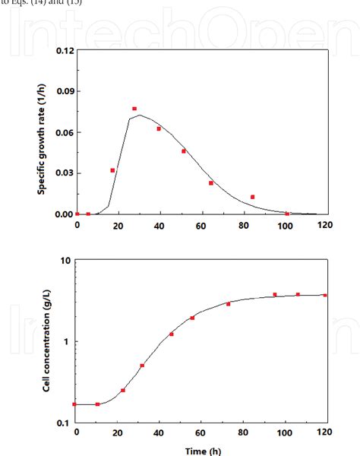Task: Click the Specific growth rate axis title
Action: pyautogui.click(x=43, y=132)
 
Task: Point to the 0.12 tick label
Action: pyautogui.click(x=62, y=51)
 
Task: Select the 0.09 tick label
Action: pyautogui.click(x=62, y=92)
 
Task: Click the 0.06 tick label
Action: pyautogui.click(x=62, y=133)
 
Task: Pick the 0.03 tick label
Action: pyautogui.click(x=62, y=173)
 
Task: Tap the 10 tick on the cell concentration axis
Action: pyautogui.click(x=66, y=260)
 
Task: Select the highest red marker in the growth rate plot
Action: pyautogui.click(x=134, y=109)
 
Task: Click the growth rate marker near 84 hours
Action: pyautogui.click(x=252, y=197)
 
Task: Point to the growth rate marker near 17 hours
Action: pyautogui.click(x=112, y=170)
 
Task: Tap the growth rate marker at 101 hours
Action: pyautogui.click(x=287, y=214)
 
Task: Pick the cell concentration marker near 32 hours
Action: pyautogui.click(x=142, y=366)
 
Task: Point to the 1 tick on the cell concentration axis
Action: pyautogui.click(x=68, y=341)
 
